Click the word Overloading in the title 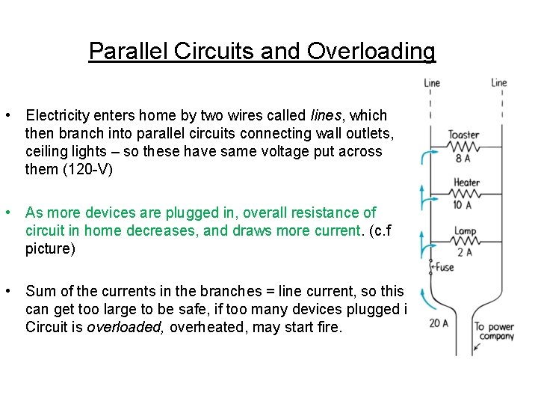(371, 51)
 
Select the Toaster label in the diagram (463, 135)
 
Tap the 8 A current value (463, 159)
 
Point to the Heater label (466, 182)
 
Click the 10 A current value (463, 205)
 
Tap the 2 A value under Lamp (465, 252)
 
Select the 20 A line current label (438, 322)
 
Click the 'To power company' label (494, 331)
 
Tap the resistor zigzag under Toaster (463, 146)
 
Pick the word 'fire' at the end (327, 327)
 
